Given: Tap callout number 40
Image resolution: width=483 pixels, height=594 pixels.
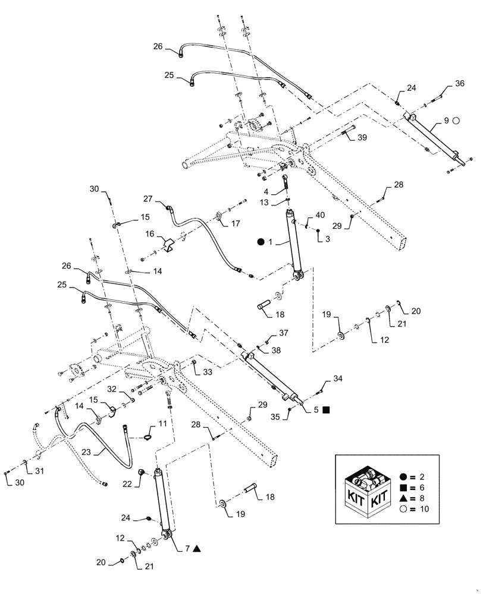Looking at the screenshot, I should (321, 215).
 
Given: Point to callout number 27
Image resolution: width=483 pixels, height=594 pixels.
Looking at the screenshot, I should (148, 199).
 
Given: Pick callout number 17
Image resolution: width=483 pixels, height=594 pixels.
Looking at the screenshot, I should (236, 223).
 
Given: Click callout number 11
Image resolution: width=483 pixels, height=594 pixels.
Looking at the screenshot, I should (162, 423).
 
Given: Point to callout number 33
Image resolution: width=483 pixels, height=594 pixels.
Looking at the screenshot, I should (208, 372).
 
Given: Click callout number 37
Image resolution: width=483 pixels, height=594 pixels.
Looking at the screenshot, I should (284, 332).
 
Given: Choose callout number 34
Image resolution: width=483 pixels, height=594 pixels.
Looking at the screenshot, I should (338, 378).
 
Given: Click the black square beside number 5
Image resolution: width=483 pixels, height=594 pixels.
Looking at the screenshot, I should (327, 409).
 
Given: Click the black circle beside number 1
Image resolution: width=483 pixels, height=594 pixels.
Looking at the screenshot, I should (261, 242).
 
